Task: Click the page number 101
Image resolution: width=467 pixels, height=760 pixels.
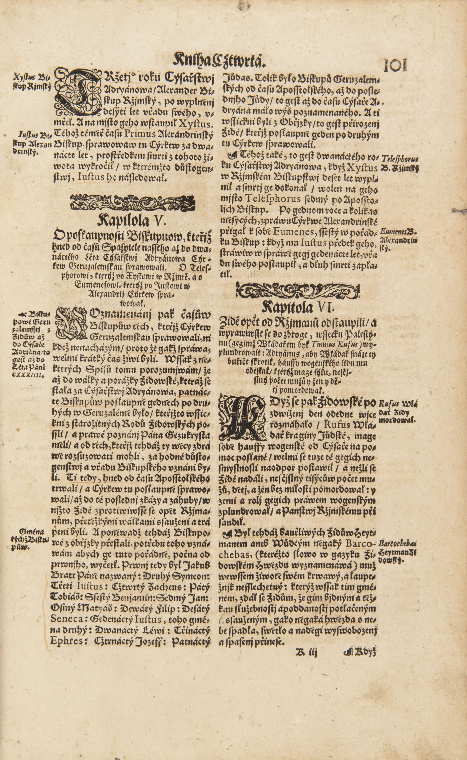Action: tap(395, 64)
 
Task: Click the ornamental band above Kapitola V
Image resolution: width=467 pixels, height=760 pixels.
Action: tap(137, 202)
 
